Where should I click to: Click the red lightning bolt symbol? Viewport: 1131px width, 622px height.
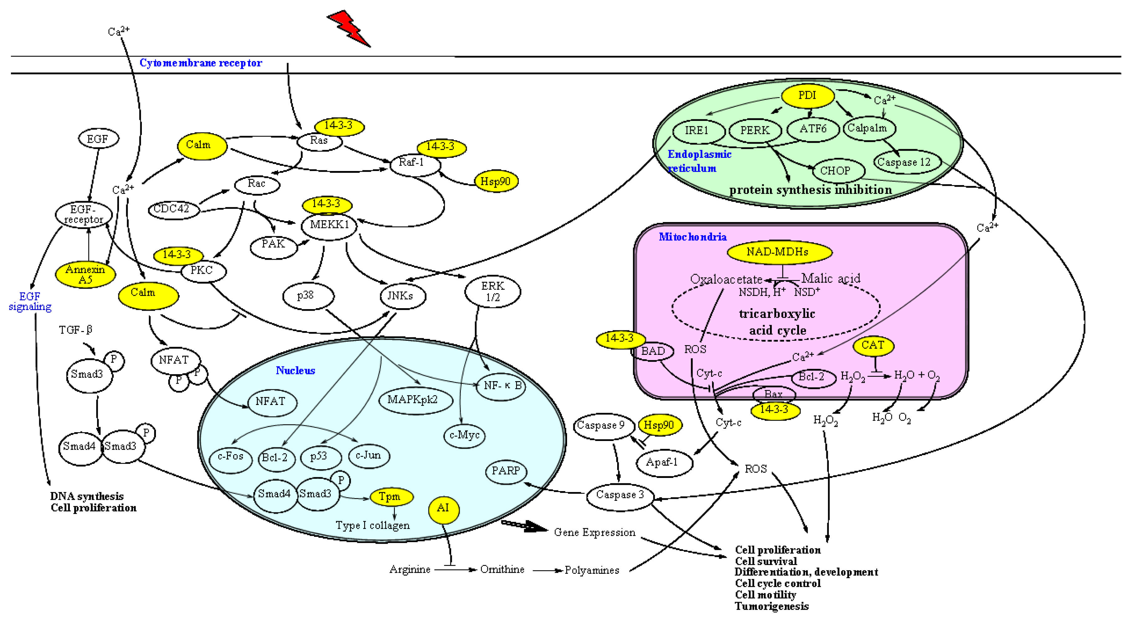point(349,28)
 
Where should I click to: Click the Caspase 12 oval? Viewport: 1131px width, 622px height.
point(904,162)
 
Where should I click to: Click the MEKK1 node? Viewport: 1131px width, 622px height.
point(329,225)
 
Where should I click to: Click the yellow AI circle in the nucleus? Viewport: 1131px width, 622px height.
point(443,509)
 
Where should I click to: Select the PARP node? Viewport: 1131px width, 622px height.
point(506,471)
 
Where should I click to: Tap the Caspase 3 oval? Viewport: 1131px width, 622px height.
point(619,495)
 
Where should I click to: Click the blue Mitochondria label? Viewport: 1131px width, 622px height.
point(692,237)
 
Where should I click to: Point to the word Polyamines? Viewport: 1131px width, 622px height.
point(591,570)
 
